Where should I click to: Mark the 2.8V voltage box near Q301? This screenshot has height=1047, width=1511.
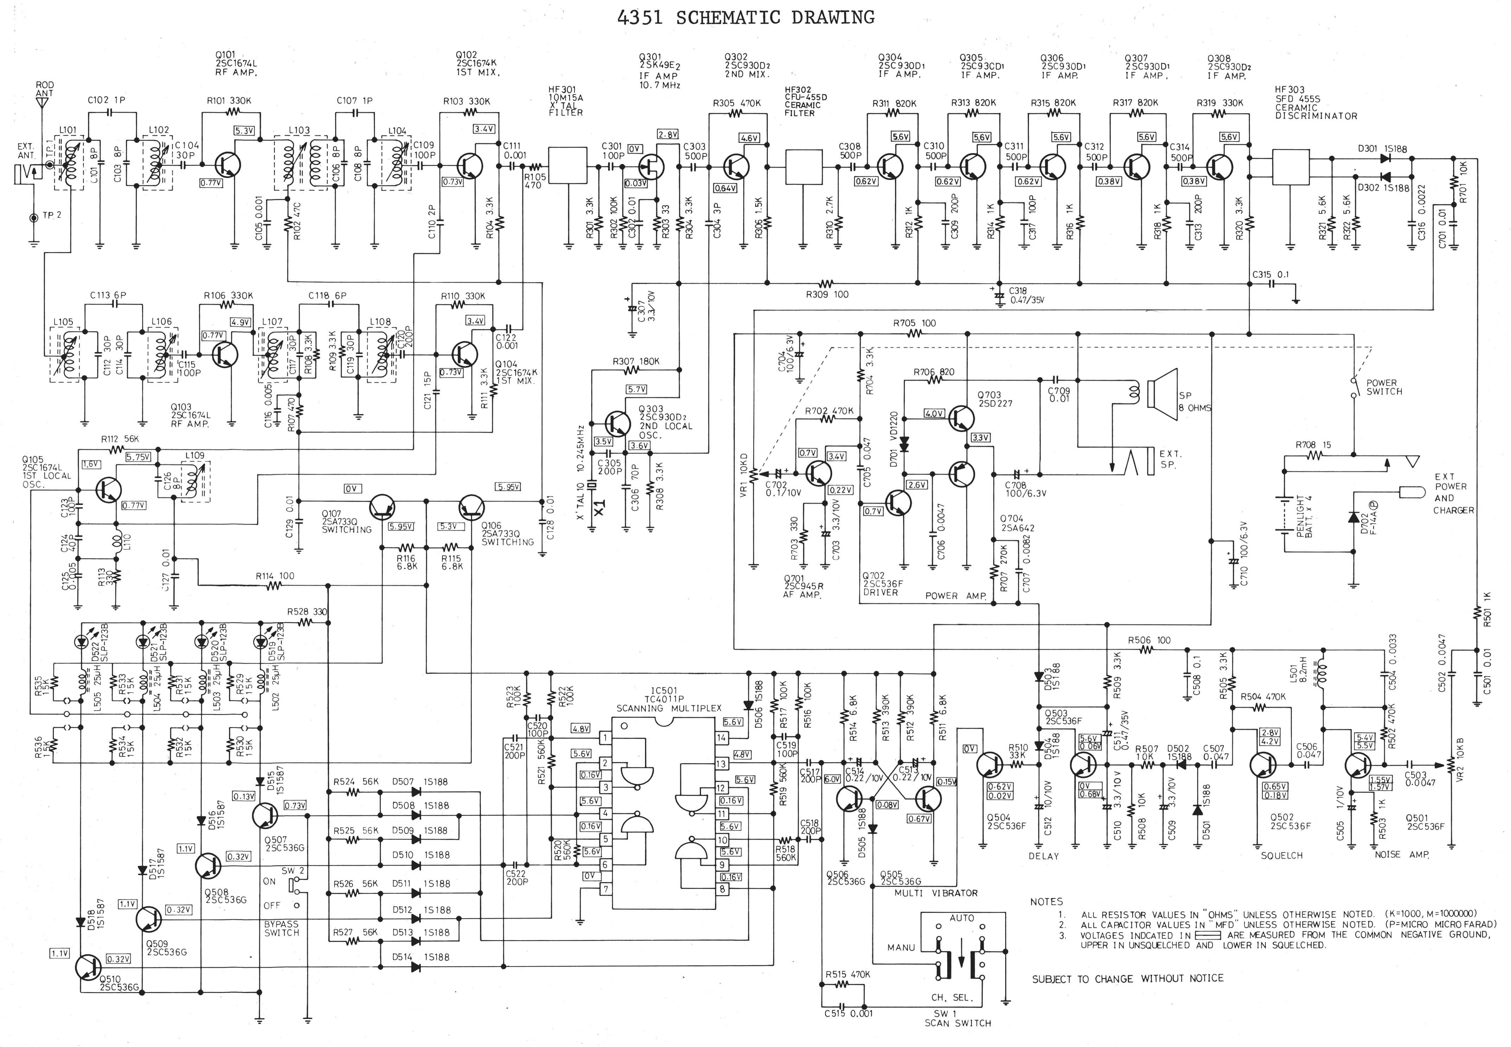click(668, 134)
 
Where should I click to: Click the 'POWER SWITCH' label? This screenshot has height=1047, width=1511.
click(1384, 387)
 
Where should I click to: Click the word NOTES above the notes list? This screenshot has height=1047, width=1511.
click(1046, 901)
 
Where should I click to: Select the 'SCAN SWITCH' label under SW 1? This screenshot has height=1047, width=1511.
click(957, 1023)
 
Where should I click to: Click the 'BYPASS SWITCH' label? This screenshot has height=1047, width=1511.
click(281, 928)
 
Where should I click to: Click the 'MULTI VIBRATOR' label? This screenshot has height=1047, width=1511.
click(936, 893)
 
